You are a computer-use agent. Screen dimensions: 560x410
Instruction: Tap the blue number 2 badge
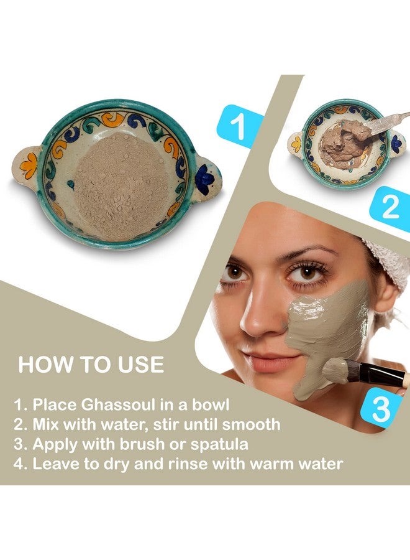coord(390,208)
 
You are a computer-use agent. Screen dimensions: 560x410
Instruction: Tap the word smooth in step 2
coord(248,425)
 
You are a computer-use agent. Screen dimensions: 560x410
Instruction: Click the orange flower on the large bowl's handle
coord(29,165)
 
